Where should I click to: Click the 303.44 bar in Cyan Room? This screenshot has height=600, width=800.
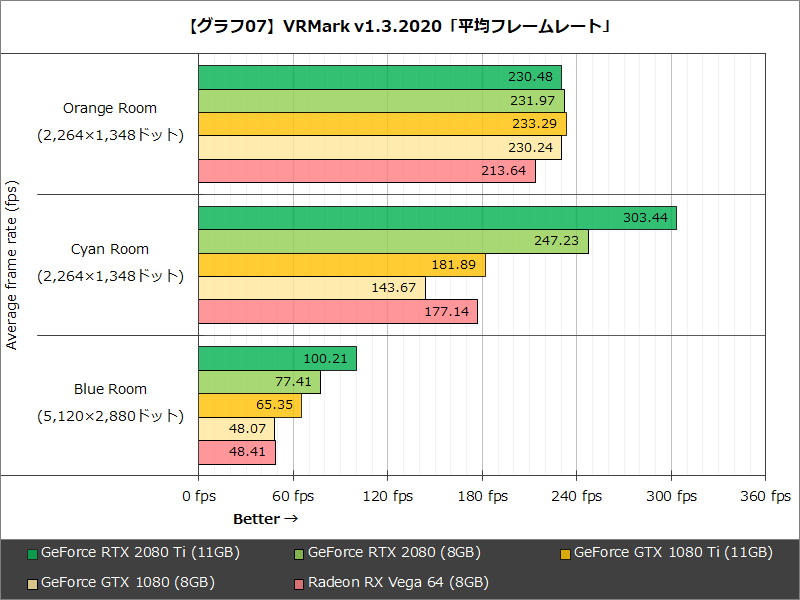437,218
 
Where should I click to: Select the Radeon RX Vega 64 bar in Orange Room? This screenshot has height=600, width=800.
366,171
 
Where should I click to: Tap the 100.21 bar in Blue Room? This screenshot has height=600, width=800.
277,358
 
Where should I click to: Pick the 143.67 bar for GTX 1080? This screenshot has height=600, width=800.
312,288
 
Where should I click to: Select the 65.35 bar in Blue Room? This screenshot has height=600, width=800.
250,405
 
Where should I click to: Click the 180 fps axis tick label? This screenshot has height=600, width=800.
483,497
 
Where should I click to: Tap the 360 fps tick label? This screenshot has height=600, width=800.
766,497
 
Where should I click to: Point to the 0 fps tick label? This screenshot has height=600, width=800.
199,497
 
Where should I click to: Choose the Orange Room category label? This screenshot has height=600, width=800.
110,108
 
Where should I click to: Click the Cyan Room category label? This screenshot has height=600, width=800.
110,249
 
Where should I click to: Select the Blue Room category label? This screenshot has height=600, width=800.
110,389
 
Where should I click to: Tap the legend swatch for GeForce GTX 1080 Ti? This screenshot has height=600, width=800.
565,553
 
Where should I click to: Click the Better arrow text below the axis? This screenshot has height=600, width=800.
266,519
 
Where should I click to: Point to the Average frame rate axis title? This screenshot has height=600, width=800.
12,265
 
